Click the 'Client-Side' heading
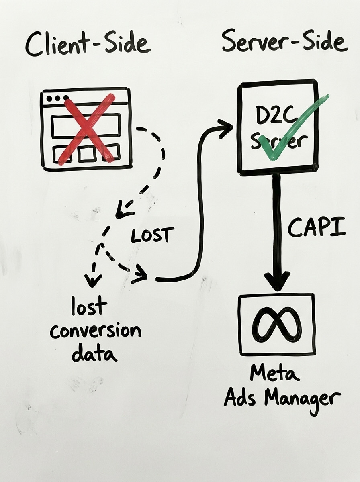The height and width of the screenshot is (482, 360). [88, 45]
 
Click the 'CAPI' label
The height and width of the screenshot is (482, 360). [317, 229]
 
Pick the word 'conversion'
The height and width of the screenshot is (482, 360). [96, 331]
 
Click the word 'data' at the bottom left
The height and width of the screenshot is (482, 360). [94, 354]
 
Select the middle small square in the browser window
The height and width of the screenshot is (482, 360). [87, 154]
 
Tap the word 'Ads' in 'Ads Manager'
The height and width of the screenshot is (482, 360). [240, 398]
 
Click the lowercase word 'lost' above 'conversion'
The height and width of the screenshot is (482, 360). [89, 306]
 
